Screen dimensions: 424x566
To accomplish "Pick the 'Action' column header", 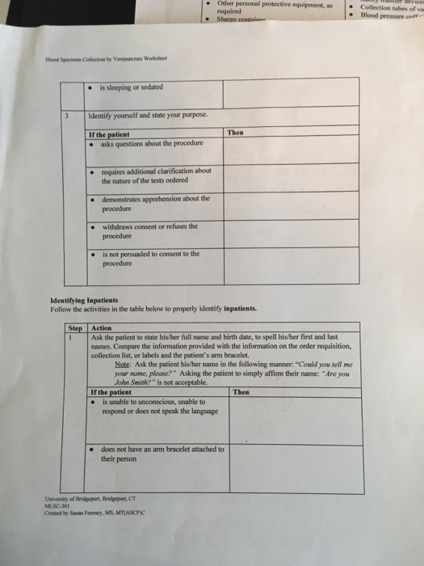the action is (103, 327).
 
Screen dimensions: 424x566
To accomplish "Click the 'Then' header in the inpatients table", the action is (240, 392).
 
